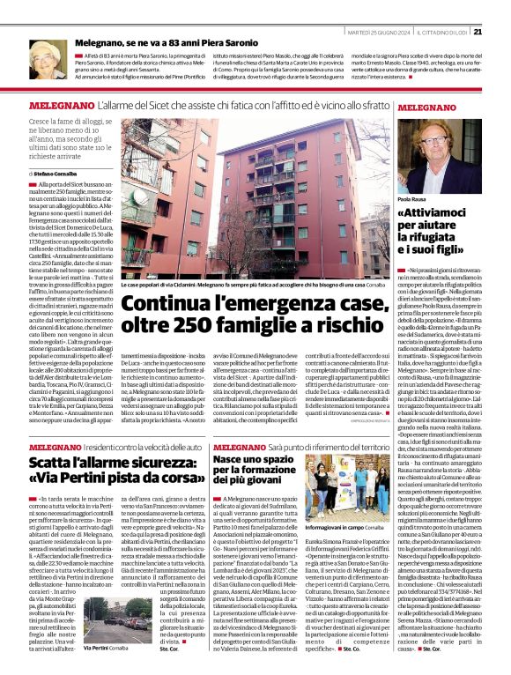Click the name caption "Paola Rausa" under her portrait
(411, 201)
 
